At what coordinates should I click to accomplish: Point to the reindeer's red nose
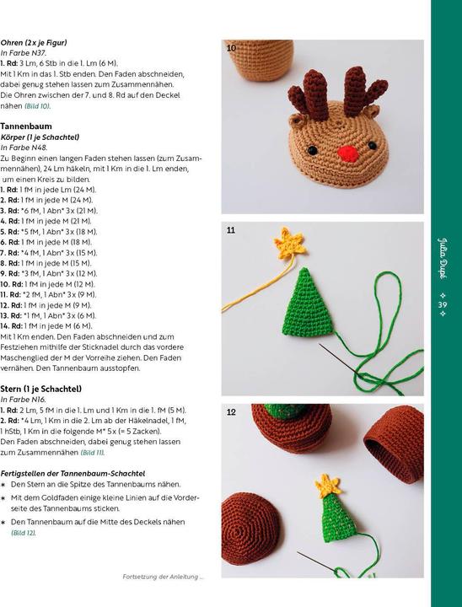click(324, 153)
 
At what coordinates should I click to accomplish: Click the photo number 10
click(231, 48)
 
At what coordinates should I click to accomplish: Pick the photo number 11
click(231, 229)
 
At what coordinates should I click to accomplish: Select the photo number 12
click(231, 411)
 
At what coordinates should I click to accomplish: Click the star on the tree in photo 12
click(326, 485)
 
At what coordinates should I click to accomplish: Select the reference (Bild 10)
click(37, 106)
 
